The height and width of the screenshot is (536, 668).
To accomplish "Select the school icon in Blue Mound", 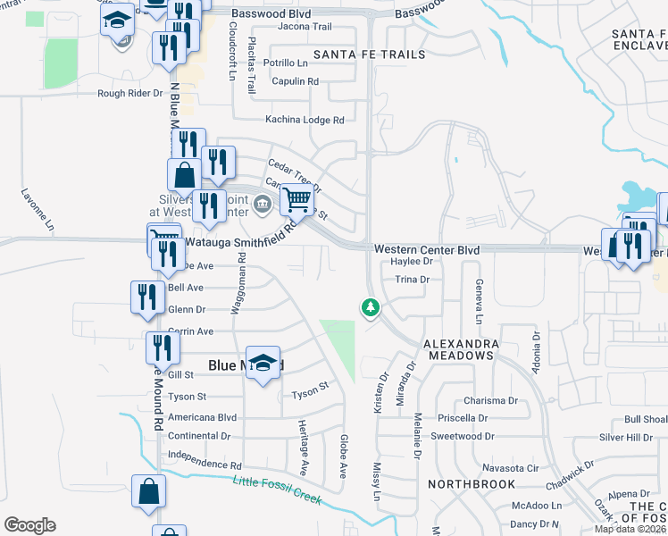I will (263, 363).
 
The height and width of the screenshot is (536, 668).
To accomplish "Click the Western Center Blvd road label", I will (427, 249).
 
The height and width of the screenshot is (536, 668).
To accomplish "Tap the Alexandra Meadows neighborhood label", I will (458, 349).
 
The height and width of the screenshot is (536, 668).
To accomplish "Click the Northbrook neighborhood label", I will (472, 484).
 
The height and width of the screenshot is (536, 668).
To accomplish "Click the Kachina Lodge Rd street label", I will (305, 120).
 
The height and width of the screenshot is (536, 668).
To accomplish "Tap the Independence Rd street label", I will (205, 465).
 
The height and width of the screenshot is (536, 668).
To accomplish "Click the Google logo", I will (30, 525).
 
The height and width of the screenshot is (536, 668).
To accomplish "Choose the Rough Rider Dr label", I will (130, 93).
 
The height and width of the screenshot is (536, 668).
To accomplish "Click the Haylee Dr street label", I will (412, 262).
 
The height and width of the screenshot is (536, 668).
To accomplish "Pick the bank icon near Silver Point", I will (262, 205).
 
